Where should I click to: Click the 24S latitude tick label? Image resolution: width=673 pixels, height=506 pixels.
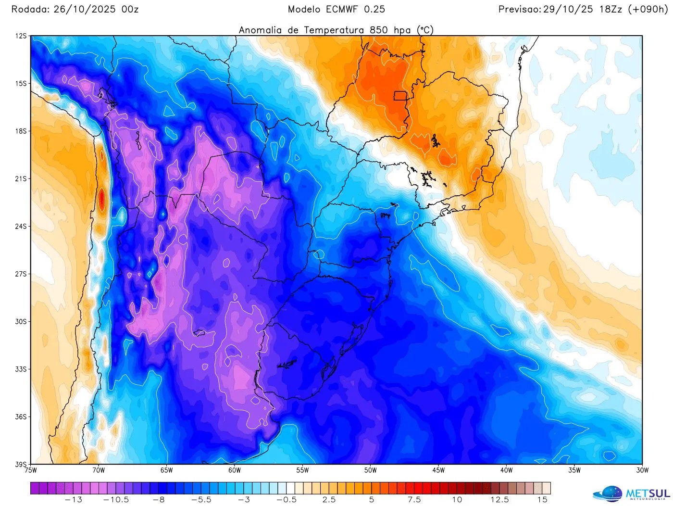(21, 227)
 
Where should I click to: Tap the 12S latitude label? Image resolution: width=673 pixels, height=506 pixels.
(21, 36)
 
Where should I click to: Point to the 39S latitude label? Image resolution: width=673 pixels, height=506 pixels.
(21, 464)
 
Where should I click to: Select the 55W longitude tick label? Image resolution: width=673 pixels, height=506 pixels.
(302, 470)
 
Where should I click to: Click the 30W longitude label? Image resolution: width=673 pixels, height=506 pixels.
(642, 470)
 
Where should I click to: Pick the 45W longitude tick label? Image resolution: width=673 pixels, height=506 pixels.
(438, 470)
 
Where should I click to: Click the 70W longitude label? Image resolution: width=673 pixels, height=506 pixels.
(99, 470)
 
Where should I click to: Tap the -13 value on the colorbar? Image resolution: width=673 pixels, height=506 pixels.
(74, 500)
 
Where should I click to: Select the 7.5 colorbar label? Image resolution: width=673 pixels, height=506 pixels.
(414, 500)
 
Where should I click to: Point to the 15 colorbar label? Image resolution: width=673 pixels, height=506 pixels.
(542, 500)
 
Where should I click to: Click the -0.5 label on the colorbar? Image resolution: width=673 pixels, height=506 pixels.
(287, 500)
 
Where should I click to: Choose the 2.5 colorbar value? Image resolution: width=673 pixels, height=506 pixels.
(329, 500)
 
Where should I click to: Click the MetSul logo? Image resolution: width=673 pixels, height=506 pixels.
(631, 493)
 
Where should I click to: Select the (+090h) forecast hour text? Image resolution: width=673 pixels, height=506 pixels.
(648, 9)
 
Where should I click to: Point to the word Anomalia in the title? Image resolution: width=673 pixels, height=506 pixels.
(261, 30)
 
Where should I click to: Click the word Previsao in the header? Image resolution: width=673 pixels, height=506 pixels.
(520, 9)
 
